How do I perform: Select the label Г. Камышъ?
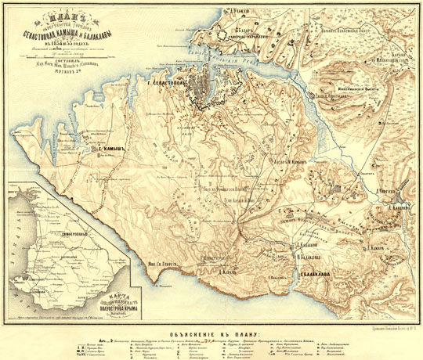click(107, 148)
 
